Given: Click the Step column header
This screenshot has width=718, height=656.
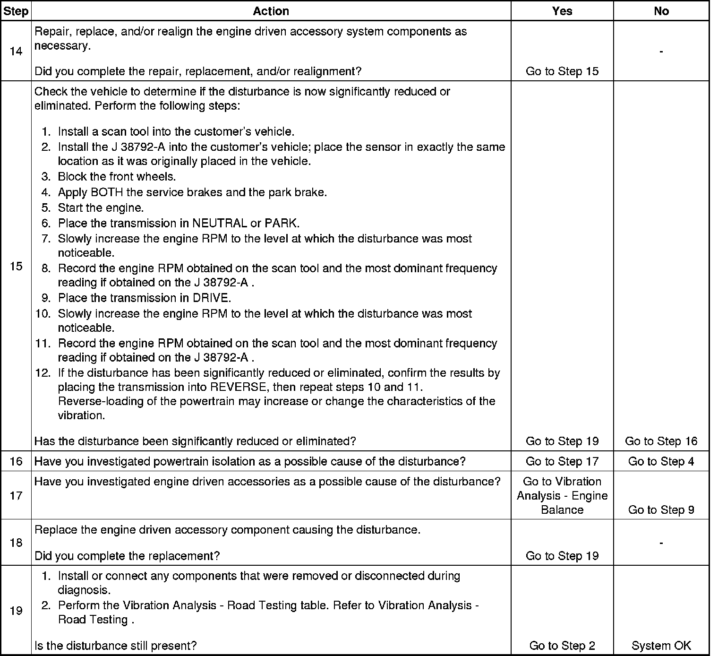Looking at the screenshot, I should (16, 11).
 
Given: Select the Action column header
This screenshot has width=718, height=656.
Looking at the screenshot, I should (271, 11).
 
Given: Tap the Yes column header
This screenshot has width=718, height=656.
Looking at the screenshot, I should (562, 11).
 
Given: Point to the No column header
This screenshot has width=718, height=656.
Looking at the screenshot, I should (661, 11).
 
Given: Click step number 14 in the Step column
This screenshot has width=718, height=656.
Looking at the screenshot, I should (16, 51).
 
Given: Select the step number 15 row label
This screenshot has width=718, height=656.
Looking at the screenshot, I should (16, 266).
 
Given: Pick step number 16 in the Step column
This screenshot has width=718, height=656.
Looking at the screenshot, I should (16, 461).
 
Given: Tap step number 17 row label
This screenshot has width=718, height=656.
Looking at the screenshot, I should (16, 495).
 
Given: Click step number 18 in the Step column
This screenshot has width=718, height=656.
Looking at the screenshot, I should (16, 543).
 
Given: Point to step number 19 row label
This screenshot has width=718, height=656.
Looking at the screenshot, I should (16, 611).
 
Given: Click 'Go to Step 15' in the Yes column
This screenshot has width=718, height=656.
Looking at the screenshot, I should (562, 71).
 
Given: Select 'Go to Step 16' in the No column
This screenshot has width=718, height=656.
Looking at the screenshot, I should (661, 441).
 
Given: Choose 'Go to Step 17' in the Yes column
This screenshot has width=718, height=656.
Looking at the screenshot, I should (562, 461).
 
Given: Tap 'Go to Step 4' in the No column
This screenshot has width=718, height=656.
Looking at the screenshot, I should (661, 461).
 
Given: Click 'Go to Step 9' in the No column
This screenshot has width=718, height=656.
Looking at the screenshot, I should (661, 510).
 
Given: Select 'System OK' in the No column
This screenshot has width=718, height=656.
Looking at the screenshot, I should (661, 646).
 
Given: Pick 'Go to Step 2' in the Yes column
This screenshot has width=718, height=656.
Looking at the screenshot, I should (562, 646).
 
